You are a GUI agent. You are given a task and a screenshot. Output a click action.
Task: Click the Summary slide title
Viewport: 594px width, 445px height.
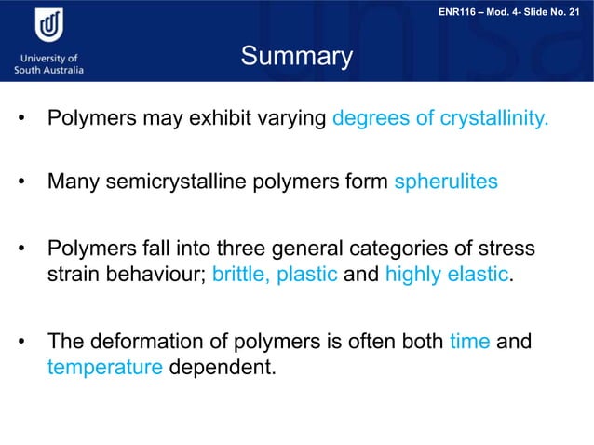coord(297,57)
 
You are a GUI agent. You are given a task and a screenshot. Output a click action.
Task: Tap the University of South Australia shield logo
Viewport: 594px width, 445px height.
coord(48,28)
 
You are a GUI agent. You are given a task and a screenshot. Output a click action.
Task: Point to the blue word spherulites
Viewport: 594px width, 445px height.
coord(446,182)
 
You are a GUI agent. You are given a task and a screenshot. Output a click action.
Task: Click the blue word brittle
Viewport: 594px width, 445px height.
coord(240,276)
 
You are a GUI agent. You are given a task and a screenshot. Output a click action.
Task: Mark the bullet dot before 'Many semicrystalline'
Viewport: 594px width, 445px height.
coord(19,182)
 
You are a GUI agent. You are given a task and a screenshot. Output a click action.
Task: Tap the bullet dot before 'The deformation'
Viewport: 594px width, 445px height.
coord(19,343)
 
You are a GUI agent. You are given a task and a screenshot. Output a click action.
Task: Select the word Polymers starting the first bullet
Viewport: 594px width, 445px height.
coord(90,119)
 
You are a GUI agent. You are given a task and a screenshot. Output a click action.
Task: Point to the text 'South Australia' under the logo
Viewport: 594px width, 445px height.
coord(49,70)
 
